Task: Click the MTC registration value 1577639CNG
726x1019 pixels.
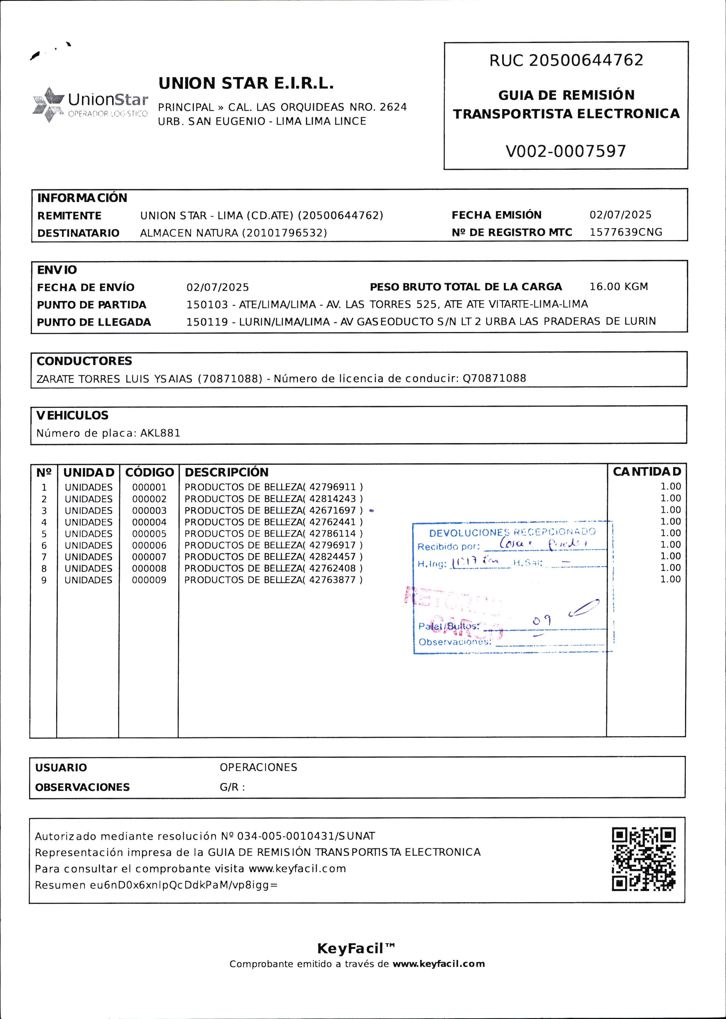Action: pos(625,232)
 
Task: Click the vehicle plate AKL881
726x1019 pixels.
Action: pos(160,433)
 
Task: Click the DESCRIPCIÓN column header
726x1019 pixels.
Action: pos(227,472)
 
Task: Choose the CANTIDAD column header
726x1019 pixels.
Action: pos(646,472)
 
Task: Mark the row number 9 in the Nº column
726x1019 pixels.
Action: pos(44,580)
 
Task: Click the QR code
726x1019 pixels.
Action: pos(643,859)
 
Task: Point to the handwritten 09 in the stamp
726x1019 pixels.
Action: pos(542,620)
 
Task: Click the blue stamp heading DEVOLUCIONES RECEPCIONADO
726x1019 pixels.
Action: pos(512,532)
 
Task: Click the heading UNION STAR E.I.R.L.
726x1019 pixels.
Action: pos(246,83)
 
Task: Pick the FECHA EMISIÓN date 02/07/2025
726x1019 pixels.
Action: pos(620,215)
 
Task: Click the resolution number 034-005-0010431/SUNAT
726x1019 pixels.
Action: pos(306,836)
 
